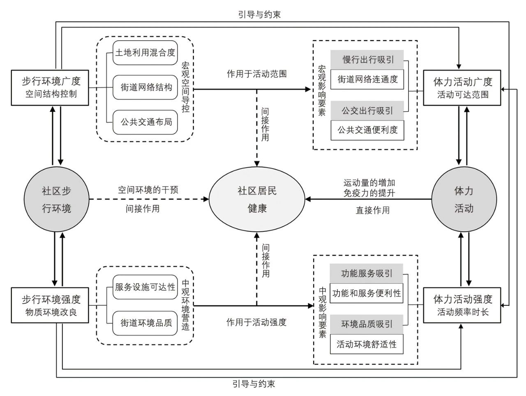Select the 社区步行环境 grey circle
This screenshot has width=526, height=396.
coord(56,200)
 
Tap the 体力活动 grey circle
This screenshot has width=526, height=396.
coord(464,200)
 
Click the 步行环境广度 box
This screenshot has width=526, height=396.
coord(51,87)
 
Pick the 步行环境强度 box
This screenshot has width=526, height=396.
coord(51,305)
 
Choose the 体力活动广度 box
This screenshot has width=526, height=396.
coord(463,88)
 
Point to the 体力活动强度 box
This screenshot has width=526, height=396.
coord(463,305)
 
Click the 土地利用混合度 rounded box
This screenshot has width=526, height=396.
coord(145,53)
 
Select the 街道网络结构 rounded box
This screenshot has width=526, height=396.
coord(145,87)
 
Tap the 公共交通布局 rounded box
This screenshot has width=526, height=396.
coord(145,122)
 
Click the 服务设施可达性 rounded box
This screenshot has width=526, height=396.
coord(145,287)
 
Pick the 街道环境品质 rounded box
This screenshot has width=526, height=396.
coord(145,323)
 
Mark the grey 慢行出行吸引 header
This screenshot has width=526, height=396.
coord(367,60)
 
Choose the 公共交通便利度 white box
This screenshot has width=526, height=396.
coord(367,130)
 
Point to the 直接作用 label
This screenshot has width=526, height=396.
coord(373,210)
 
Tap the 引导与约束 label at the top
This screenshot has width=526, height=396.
coord(259,14)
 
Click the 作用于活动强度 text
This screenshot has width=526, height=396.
coord(256,322)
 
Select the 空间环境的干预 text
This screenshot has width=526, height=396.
coord(148,190)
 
